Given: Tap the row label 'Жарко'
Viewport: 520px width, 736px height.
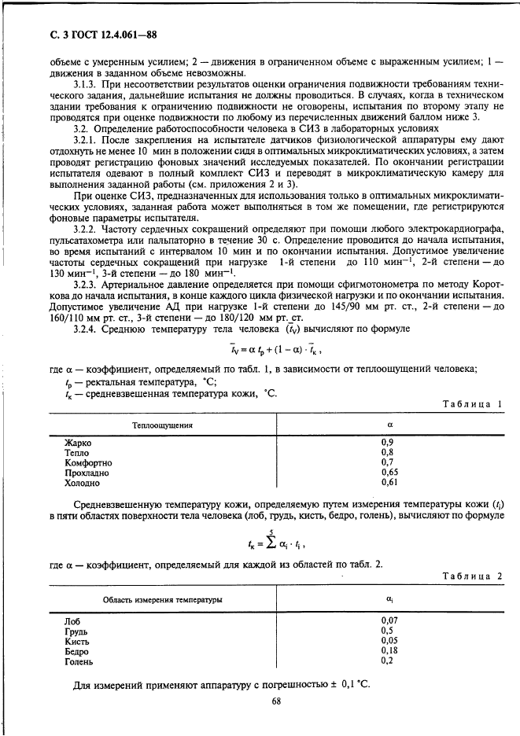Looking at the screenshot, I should pyautogui.click(x=78, y=443).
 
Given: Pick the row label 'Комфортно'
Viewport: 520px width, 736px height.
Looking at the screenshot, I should pyautogui.click(x=88, y=463).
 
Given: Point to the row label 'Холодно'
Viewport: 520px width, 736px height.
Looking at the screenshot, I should pyautogui.click(x=83, y=483).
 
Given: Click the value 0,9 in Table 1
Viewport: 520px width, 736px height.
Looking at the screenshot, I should pyautogui.click(x=387, y=443).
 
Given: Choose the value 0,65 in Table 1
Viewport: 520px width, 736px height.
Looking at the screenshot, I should pyautogui.click(x=389, y=473).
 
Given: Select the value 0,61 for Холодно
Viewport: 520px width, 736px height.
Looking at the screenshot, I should pyautogui.click(x=389, y=483).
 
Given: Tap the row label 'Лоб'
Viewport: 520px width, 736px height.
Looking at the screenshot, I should pyautogui.click(x=73, y=620).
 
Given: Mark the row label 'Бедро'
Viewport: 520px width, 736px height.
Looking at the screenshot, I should pyautogui.click(x=78, y=651).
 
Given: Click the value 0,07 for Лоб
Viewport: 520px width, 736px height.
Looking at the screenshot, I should pyautogui.click(x=389, y=620).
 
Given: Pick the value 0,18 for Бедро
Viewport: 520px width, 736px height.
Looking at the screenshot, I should pyautogui.click(x=389, y=650).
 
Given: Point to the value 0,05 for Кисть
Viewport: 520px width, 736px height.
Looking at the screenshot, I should pyautogui.click(x=389, y=640).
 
